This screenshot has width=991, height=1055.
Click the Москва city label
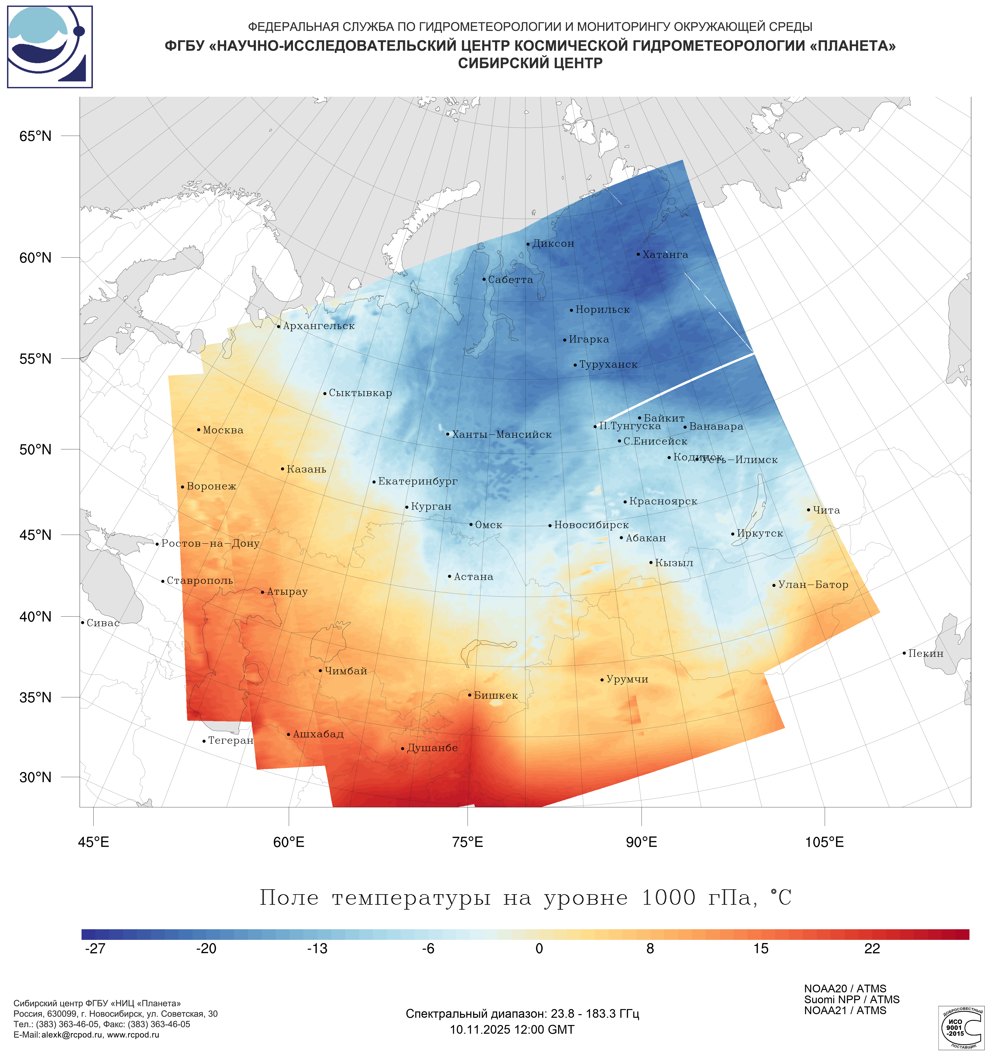pos(223,430)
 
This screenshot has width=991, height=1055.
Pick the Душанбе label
pos(432,748)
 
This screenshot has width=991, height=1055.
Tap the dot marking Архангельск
pos(279,326)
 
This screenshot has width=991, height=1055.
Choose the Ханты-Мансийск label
pos(502,435)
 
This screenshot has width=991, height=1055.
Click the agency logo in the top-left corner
pos(50,47)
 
